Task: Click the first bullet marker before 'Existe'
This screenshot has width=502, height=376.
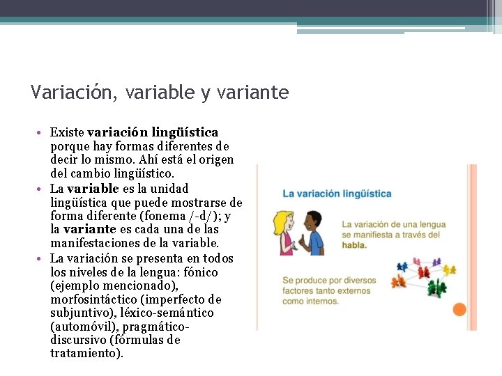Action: (43, 132)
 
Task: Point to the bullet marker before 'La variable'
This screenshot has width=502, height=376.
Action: (43, 189)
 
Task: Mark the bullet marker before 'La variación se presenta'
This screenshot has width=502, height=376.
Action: (43, 258)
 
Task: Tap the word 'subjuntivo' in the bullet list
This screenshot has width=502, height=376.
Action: (82, 313)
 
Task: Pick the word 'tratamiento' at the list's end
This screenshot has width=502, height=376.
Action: (86, 354)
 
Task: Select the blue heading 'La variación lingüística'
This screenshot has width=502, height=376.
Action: (337, 194)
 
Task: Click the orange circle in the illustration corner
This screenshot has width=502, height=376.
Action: (459, 310)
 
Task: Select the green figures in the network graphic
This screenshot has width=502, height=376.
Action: (437, 286)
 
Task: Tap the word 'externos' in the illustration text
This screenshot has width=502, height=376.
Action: (358, 291)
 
